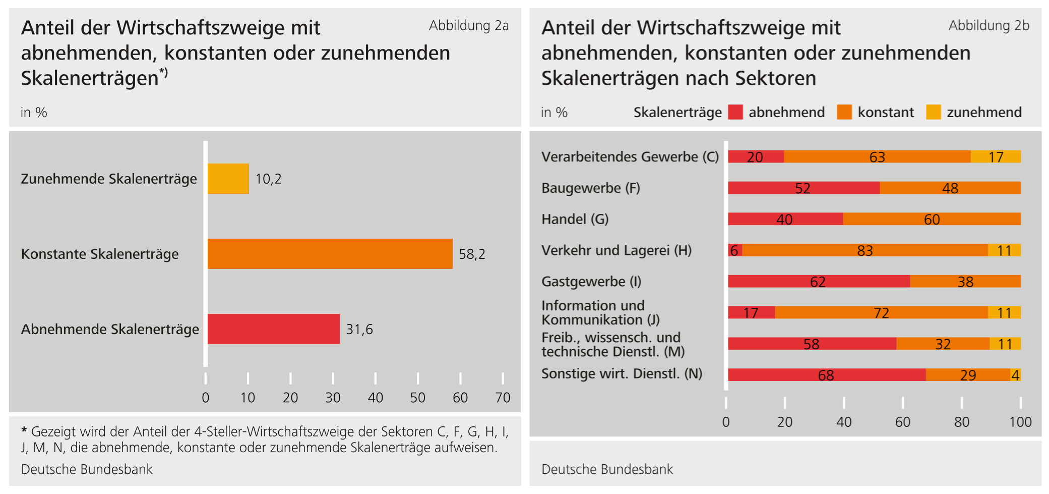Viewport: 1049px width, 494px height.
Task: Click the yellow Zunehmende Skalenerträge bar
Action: tap(228, 179)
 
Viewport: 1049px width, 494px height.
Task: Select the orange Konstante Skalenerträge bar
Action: tap(330, 254)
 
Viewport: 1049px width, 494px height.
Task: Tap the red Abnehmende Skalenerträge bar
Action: tap(273, 329)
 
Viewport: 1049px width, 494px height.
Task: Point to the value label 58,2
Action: tap(472, 254)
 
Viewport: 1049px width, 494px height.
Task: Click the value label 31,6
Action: tap(359, 330)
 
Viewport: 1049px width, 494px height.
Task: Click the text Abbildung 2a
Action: tap(468, 26)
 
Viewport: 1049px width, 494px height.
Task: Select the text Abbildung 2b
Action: tap(989, 26)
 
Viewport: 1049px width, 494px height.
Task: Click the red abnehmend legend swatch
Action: tap(735, 112)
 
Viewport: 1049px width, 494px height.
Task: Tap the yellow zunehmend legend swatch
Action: tap(933, 112)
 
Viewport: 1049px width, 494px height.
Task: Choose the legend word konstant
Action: tap(885, 112)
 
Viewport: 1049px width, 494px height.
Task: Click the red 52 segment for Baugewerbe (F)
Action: tap(804, 188)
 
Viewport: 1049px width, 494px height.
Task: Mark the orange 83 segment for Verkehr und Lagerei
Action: tap(865, 250)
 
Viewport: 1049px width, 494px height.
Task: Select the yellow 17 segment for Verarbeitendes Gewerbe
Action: tap(996, 157)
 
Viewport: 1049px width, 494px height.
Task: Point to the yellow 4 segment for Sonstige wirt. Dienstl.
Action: tap(1016, 375)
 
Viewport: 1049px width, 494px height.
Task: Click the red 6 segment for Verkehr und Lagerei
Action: tap(734, 250)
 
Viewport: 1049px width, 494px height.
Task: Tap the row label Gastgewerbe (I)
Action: tap(591, 282)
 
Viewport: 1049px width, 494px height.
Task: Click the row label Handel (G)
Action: tap(575, 219)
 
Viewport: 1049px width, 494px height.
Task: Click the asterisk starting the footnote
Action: tap(24, 430)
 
